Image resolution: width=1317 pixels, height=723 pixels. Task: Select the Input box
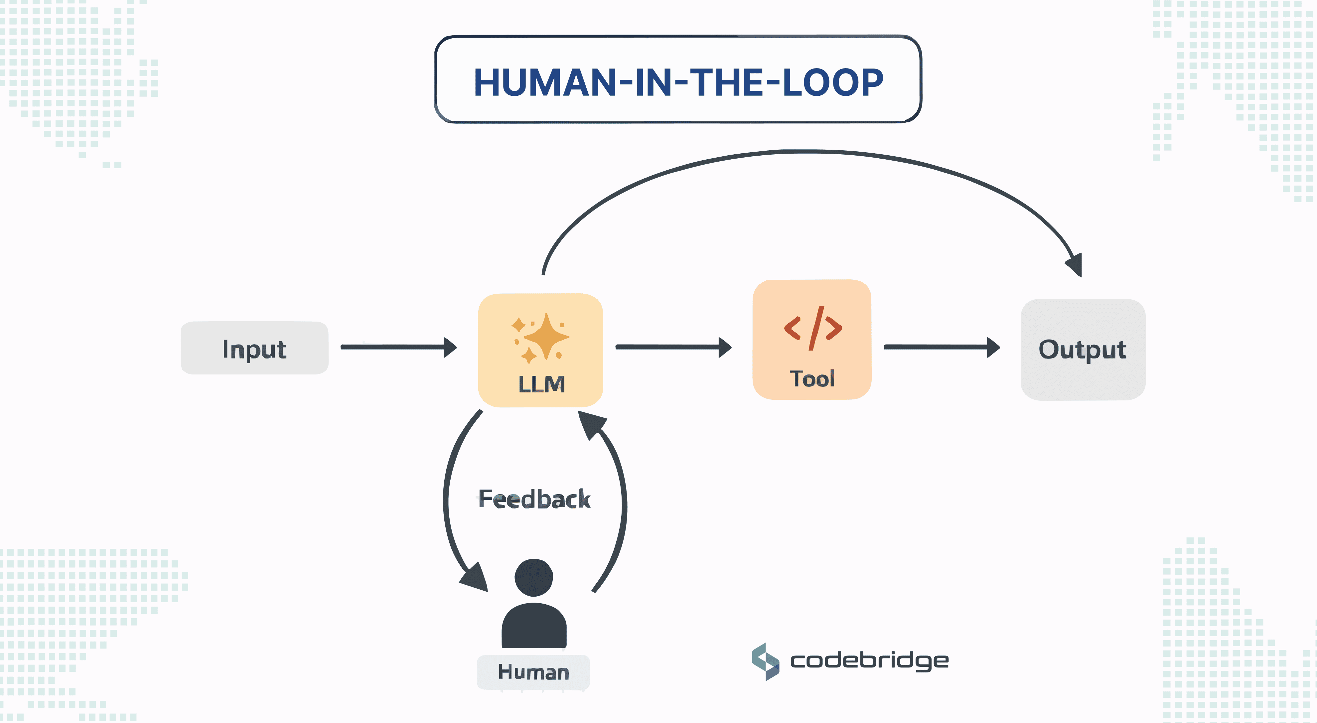[x=255, y=348]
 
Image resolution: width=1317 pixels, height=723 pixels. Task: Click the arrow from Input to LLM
[x=398, y=347]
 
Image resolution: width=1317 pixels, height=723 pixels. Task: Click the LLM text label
[x=541, y=384]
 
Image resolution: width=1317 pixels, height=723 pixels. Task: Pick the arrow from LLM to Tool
[x=673, y=347]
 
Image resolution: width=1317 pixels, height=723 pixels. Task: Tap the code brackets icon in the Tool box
[x=812, y=328]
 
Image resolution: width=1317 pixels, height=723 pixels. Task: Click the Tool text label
[x=812, y=379]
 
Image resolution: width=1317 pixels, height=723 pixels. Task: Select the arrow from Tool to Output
[x=942, y=347]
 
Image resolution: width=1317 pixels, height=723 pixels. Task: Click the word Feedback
[x=534, y=500]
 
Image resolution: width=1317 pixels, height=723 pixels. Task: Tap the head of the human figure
[x=534, y=578]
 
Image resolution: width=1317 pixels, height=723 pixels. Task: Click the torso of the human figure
[x=534, y=626]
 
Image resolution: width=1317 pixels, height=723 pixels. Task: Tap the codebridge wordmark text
[x=869, y=660]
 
